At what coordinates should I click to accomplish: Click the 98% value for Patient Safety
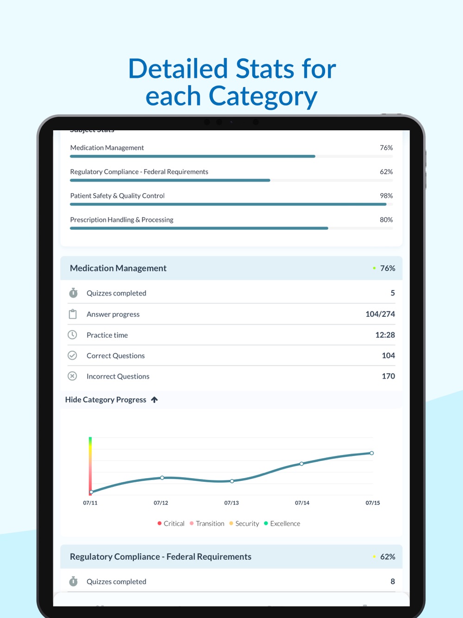point(386,195)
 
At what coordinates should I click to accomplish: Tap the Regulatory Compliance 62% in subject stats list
point(386,171)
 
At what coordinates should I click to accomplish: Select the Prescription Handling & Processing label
point(122,220)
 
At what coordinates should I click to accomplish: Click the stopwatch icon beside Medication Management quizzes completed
point(73,293)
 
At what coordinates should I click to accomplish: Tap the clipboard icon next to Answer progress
point(73,314)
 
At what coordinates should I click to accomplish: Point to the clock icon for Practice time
point(72,334)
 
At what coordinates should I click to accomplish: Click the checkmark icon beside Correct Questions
point(72,355)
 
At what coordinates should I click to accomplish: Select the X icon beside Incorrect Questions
point(72,376)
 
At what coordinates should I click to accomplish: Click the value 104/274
point(380,314)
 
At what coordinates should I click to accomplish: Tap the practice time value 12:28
point(385,335)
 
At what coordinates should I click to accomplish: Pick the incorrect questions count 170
point(388,376)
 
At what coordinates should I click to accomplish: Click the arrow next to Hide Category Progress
point(155,399)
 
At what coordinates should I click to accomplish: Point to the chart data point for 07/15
point(371,453)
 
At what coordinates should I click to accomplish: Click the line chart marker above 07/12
point(162,478)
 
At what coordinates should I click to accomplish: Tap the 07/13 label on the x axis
point(231,503)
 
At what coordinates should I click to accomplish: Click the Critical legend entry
point(171,523)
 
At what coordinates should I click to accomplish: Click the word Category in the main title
point(263,96)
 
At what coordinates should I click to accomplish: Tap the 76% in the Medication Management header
point(388,268)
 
